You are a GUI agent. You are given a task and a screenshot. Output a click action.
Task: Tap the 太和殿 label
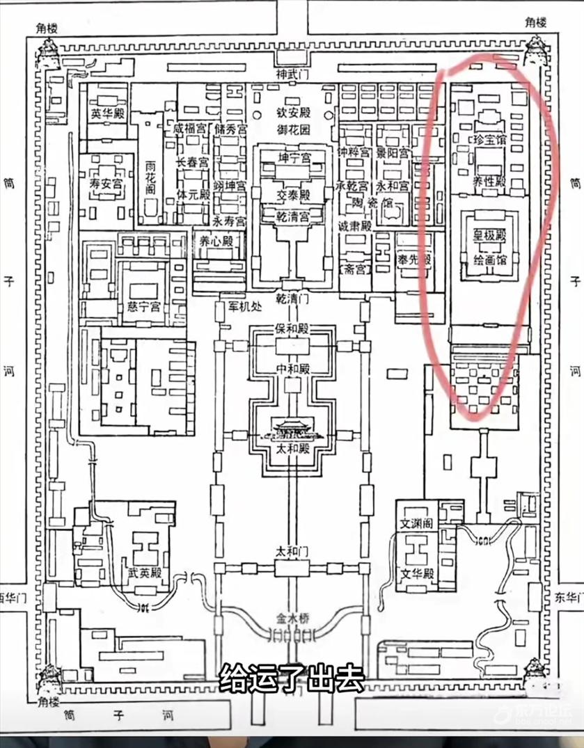tap(292, 449)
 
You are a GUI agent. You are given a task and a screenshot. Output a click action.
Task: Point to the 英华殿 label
tap(108, 114)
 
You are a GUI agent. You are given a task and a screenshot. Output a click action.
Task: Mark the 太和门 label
tap(292, 552)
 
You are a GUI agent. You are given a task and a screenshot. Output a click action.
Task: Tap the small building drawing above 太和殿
tap(292, 429)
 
